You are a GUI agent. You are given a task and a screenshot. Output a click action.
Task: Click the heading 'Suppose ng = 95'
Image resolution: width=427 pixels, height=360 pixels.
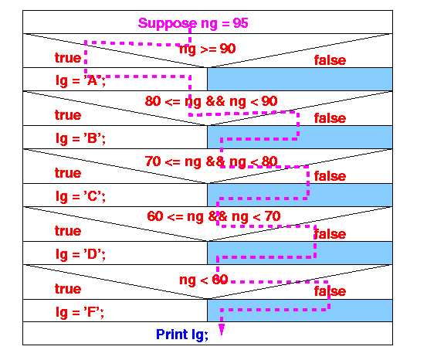coord(193,23)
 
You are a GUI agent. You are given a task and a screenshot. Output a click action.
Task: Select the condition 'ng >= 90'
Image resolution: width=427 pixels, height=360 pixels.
coord(208,49)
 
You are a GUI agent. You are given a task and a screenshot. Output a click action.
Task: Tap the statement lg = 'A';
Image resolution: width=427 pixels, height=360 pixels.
coord(80,80)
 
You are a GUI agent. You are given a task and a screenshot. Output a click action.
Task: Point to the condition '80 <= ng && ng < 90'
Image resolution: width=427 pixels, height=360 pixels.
coord(211,101)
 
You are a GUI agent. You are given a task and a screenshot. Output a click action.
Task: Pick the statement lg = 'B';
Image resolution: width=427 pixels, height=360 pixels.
coord(80,138)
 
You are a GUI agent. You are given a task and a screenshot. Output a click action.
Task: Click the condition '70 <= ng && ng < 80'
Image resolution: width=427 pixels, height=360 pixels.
coord(211,161)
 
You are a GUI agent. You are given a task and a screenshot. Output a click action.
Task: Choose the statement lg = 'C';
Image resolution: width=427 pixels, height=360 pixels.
coord(80,196)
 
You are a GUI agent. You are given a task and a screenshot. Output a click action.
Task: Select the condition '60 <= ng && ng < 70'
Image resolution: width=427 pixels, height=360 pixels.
coord(214,216)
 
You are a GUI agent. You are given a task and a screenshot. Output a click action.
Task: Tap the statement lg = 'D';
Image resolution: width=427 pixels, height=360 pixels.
coord(80,254)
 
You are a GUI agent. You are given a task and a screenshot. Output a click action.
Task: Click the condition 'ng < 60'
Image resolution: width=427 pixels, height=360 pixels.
coord(204,280)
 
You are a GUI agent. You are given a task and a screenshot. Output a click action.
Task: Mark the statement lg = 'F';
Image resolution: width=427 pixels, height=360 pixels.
coord(80,312)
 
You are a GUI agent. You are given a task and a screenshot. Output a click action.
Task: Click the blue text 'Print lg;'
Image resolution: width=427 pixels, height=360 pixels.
coord(182,335)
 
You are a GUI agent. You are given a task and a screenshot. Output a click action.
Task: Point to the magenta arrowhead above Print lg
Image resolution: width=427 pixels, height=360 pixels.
coord(222,329)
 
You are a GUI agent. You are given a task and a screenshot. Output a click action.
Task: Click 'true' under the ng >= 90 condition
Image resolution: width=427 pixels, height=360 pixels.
coord(68,58)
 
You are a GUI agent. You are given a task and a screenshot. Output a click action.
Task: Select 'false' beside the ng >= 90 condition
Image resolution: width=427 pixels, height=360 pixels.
coord(330,60)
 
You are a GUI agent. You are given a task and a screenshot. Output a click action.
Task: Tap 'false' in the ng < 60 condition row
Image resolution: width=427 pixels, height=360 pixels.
coord(330,291)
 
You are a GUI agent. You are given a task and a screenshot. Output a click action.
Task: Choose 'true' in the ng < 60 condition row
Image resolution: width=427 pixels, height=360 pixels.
coord(68,289)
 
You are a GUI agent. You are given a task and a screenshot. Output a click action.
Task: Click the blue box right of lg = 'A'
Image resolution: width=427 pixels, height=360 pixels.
coord(300,79)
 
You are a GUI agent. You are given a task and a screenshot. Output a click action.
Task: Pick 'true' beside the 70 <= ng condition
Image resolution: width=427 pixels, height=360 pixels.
coord(68,173)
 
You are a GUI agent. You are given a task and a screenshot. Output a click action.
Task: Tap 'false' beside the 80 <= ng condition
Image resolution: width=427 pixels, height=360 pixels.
coord(330,118)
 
